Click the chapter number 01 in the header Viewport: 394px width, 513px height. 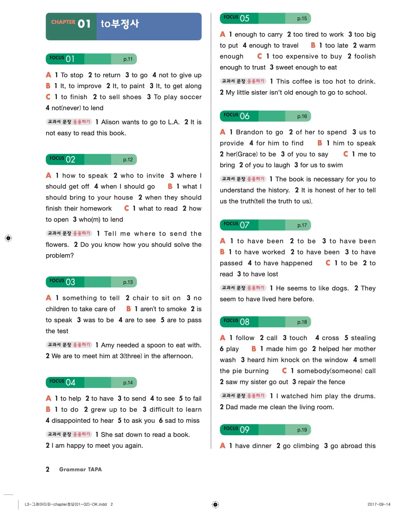tap(84, 24)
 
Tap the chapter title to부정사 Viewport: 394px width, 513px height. tap(120, 24)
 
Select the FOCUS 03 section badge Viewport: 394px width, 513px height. tap(62, 282)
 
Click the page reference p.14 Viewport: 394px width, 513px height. tap(128, 382)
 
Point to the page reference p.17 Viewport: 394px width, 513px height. tap(302, 225)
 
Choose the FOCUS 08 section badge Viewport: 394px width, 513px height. tap(236, 322)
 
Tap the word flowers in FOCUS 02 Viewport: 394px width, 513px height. tap(57, 245)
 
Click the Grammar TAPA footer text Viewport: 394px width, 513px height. tap(80, 469)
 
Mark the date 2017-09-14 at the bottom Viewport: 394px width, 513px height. tap(379, 504)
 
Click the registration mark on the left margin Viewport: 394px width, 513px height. tap(8, 238)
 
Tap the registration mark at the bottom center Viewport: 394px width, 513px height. tap(215, 505)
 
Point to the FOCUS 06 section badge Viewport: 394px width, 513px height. tap(236, 116)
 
